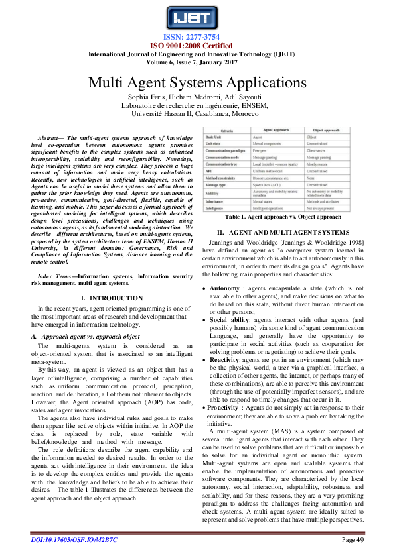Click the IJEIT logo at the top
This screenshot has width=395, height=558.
coord(197,17)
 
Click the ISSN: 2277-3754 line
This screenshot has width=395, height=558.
coord(197,37)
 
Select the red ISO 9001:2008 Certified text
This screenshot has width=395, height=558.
coord(197,46)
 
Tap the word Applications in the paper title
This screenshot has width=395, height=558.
coord(257,83)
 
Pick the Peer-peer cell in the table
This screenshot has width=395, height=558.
coord(262,150)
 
